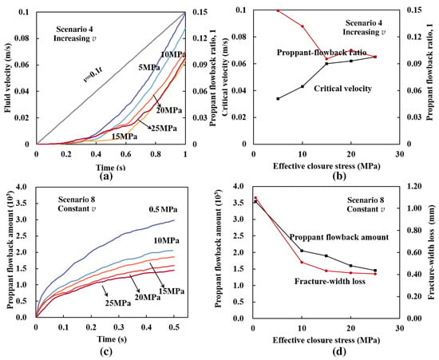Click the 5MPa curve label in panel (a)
coord(149,68)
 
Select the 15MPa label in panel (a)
coord(125,136)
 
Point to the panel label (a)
coord(106,176)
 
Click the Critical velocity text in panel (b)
coord(342,89)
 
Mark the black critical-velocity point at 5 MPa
coord(278,98)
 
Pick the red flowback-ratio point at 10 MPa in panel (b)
coord(303,26)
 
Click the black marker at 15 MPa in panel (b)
coord(326,64)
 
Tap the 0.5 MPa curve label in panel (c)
coord(164,209)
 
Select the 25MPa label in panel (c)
coord(118,303)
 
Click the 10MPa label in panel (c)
coord(166,240)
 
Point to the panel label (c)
coord(106,351)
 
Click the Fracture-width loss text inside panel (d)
coord(330,281)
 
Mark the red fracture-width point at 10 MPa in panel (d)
coord(302,262)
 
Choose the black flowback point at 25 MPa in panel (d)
coord(375,271)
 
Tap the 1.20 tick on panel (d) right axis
coord(414,186)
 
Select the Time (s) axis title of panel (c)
coord(112,339)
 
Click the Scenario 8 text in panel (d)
coord(366,200)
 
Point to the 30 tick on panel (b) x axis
coord(400,155)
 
